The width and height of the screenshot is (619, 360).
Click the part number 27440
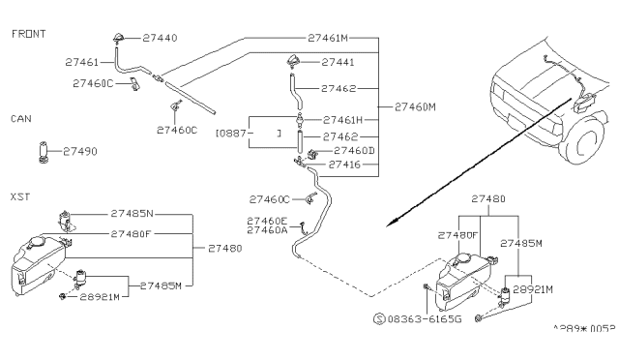(x=160, y=38)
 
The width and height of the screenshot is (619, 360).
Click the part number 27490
(x=80, y=151)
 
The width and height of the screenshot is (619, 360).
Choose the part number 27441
(x=339, y=61)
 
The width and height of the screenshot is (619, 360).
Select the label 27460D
(x=354, y=151)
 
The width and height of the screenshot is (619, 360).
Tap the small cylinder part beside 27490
(x=44, y=152)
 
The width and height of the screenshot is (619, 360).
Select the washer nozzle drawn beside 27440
(x=118, y=39)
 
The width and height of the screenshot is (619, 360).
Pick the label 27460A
(x=266, y=230)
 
